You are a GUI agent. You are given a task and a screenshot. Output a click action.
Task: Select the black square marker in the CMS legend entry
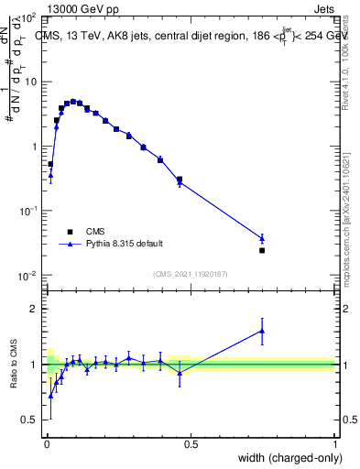click(x=69, y=232)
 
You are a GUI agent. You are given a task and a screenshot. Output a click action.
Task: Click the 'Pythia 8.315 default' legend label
click(x=125, y=244)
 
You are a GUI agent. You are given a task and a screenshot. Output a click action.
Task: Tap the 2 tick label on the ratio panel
click(x=34, y=309)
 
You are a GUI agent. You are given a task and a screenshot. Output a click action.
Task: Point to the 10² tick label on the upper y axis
click(x=29, y=18)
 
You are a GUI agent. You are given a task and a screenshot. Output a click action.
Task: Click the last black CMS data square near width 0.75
click(x=262, y=250)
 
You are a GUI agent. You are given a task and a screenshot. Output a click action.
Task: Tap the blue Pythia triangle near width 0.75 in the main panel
click(x=262, y=238)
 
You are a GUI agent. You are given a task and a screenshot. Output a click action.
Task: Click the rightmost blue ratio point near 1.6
click(x=262, y=331)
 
